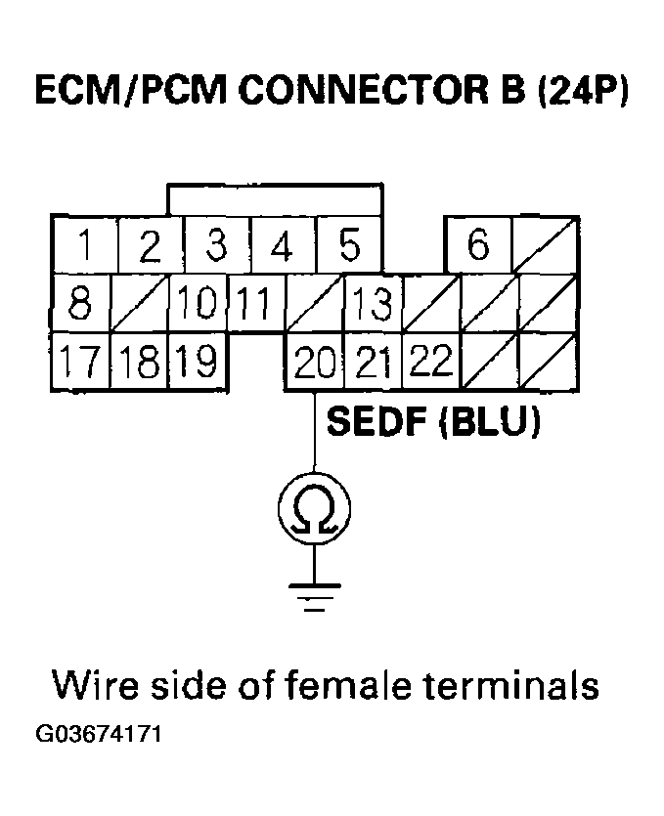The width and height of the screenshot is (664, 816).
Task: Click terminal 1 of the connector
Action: point(85,245)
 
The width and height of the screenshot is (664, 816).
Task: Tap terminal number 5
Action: point(349,245)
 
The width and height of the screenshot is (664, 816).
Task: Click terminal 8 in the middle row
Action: point(80,303)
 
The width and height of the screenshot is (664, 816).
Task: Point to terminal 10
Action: point(198,304)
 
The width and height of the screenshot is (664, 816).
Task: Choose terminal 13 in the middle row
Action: point(373,304)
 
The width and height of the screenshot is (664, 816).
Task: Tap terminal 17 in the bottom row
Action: point(80,363)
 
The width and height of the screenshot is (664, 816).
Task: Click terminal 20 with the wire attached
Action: point(314,363)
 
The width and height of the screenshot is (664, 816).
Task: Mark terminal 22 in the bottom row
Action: point(430,363)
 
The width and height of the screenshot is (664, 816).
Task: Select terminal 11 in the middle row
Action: point(254,304)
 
